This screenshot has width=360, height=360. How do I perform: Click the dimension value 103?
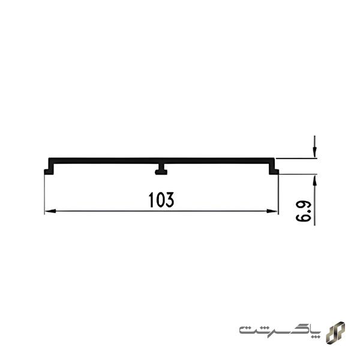161,200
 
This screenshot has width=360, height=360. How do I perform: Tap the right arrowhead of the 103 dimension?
274,211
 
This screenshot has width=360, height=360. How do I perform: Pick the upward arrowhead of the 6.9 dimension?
314,179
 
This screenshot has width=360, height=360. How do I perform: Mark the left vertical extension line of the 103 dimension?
45,192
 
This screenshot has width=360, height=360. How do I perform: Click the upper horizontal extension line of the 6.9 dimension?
297,158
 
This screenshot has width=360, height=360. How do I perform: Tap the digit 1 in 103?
151,200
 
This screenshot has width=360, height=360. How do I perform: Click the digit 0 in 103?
160,200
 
